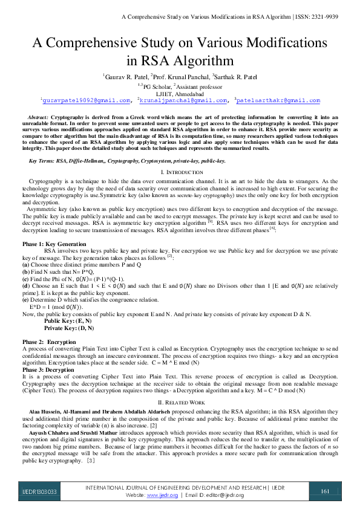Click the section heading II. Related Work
[x=180, y=402]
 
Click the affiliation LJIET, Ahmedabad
[x=180, y=94]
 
